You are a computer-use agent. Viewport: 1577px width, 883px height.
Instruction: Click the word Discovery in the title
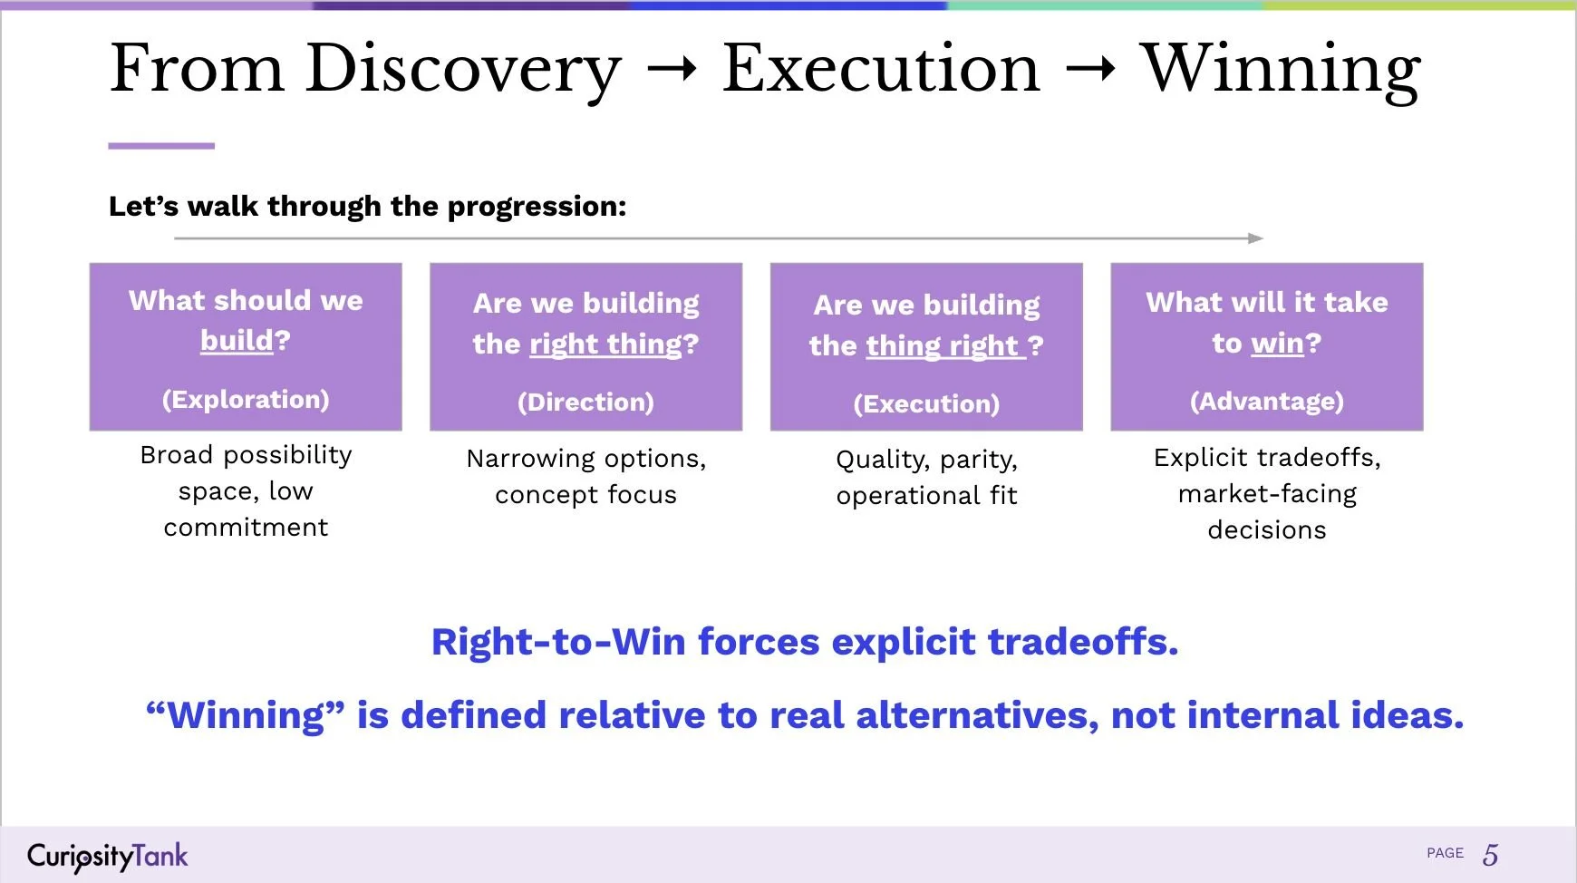coord(463,70)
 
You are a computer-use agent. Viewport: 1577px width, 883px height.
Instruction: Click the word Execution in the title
coord(880,70)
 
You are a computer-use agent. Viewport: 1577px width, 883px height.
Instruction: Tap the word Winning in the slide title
coord(1280,70)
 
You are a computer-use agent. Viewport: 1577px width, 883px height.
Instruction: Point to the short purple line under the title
coord(161,146)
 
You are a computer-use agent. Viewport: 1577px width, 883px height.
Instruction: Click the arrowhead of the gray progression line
coord(1255,238)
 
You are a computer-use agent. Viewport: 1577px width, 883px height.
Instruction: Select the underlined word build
coord(237,341)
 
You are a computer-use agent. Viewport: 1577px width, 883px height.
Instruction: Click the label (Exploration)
coord(246,400)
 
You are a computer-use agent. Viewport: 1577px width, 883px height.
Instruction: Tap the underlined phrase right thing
coord(606,344)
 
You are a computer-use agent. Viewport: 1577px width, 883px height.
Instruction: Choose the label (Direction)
coord(585,403)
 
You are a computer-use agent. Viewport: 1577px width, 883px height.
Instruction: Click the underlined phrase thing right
coord(943,346)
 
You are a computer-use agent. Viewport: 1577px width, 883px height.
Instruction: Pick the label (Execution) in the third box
coord(926,404)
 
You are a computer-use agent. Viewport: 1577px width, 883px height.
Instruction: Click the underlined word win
coord(1277,344)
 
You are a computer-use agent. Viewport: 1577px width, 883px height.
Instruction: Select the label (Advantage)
coord(1266,402)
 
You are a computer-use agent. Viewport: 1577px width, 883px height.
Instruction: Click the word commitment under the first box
coord(246,528)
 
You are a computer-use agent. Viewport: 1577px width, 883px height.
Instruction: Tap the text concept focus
coord(585,495)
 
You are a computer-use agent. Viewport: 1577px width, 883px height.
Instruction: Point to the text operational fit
coord(926,496)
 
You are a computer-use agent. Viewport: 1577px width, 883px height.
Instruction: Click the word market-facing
coord(1267,494)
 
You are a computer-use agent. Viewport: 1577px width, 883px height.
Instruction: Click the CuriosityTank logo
coord(107,856)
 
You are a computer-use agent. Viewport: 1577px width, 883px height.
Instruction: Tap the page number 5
coord(1490,854)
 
